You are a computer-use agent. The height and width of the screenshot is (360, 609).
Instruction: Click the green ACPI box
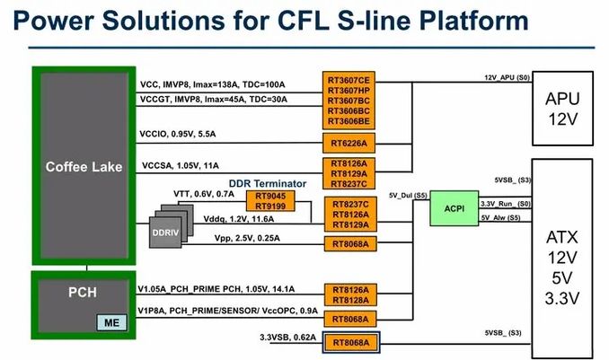[454, 208]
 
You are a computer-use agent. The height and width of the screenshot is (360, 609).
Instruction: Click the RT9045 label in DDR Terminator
[270, 196]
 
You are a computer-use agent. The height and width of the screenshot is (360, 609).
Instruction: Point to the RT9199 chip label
[270, 206]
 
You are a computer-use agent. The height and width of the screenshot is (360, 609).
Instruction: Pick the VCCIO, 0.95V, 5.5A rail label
[177, 135]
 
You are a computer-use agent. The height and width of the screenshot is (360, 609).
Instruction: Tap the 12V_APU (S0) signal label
[507, 78]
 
